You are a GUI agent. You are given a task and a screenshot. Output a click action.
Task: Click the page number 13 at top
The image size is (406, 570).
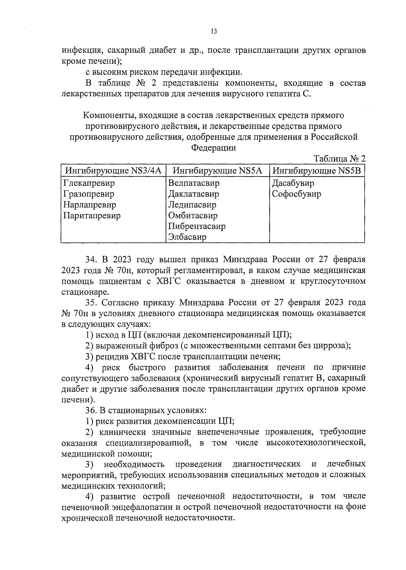(x=213, y=31)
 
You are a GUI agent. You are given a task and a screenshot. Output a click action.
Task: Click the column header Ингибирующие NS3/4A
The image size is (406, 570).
(x=113, y=170)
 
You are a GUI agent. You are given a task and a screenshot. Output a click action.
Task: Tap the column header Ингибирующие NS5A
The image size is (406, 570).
(x=217, y=170)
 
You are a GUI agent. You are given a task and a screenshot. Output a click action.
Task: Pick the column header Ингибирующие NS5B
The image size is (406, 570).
(x=317, y=170)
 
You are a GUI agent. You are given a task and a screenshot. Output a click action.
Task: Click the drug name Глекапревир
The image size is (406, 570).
(x=89, y=183)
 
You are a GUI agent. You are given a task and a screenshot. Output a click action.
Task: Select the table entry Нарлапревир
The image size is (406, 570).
(x=90, y=205)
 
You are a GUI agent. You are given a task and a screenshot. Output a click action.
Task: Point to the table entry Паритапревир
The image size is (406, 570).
(x=92, y=216)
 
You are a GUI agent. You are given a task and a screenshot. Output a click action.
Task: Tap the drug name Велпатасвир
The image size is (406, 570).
(x=194, y=183)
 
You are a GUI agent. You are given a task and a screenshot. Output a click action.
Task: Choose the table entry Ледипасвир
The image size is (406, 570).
(x=192, y=205)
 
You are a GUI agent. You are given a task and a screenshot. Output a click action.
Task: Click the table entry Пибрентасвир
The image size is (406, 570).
(x=197, y=226)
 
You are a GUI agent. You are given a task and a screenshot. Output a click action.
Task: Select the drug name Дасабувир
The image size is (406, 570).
(x=293, y=183)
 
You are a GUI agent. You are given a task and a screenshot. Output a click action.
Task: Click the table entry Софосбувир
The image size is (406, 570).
(x=297, y=194)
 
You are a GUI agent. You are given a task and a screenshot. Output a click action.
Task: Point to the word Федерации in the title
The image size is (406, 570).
(x=213, y=148)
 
